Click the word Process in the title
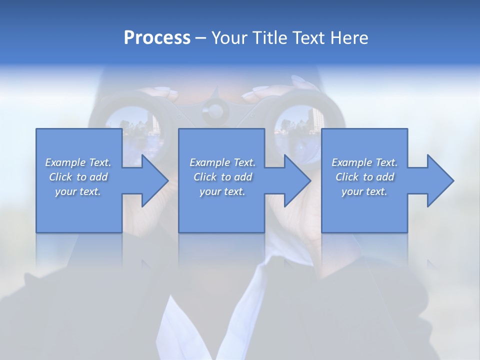click(x=157, y=38)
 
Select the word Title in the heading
click(x=269, y=38)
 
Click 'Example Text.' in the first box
click(x=78, y=162)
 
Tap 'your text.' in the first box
click(x=78, y=191)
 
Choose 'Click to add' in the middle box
click(x=222, y=176)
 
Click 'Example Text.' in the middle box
click(x=222, y=162)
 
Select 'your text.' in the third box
click(x=364, y=191)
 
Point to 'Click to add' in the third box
click(x=364, y=176)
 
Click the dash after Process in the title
click(x=200, y=38)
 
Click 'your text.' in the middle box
click(x=222, y=191)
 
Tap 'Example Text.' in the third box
click(x=364, y=162)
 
